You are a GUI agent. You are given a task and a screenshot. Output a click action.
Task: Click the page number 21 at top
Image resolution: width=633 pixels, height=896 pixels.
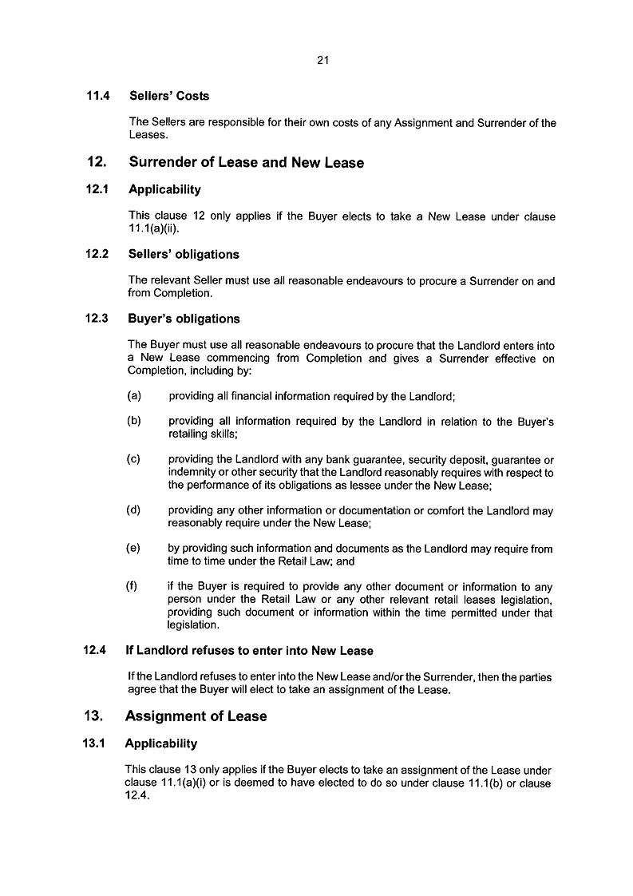pyautogui.click(x=323, y=60)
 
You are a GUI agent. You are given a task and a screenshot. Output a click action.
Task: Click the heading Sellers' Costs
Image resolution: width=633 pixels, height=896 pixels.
pyautogui.click(x=169, y=96)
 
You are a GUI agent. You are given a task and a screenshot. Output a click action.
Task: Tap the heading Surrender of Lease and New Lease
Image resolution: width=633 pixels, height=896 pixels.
pyautogui.click(x=246, y=163)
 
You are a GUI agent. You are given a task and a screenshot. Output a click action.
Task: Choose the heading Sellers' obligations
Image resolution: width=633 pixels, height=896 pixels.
pyautogui.click(x=184, y=255)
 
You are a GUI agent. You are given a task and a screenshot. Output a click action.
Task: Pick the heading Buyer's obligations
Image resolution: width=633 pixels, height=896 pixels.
pyautogui.click(x=184, y=319)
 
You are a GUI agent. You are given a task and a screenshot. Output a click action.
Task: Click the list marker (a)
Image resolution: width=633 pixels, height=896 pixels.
pyautogui.click(x=134, y=396)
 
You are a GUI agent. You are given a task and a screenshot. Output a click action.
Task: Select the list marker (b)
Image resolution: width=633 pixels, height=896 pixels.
pyautogui.click(x=134, y=421)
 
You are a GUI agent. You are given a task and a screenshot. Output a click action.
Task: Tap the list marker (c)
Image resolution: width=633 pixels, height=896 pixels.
pyautogui.click(x=134, y=460)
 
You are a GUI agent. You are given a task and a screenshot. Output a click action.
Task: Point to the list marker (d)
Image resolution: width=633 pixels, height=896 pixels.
pyautogui.click(x=134, y=510)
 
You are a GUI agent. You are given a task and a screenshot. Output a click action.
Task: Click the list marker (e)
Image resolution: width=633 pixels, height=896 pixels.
pyautogui.click(x=134, y=549)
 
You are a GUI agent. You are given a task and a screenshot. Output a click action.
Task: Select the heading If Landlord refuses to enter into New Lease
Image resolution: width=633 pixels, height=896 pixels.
pyautogui.click(x=249, y=651)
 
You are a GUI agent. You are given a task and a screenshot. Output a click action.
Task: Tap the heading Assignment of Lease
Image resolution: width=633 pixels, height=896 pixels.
pyautogui.click(x=196, y=716)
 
